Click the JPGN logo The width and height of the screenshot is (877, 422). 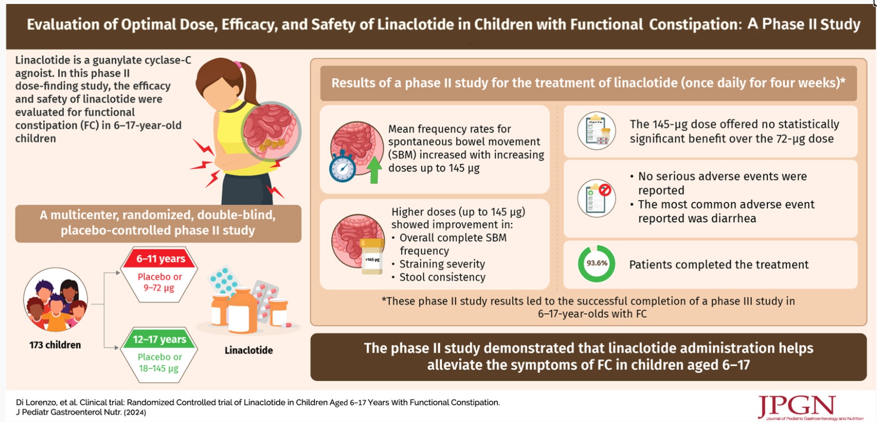797,407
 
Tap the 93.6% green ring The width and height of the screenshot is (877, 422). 596,264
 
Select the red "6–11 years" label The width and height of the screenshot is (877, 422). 160,259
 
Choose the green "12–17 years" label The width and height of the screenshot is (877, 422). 159,340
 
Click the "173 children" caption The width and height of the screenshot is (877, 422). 55,345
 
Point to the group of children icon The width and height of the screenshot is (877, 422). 55,300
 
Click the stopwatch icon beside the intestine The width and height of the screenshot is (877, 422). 342,168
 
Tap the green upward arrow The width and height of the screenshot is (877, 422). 374,169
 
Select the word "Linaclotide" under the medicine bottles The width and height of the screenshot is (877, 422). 248,351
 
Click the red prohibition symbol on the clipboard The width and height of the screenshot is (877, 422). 605,190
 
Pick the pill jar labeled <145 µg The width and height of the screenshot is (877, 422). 372,256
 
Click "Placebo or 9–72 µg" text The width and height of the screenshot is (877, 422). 159,282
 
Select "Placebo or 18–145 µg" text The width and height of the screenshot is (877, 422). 159,362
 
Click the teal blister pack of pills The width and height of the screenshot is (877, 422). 223,280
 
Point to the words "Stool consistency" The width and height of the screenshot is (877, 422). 442,277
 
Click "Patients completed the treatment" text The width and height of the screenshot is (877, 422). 718,265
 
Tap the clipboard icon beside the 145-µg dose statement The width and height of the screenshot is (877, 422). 596,131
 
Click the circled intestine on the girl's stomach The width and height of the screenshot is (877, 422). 271,131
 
